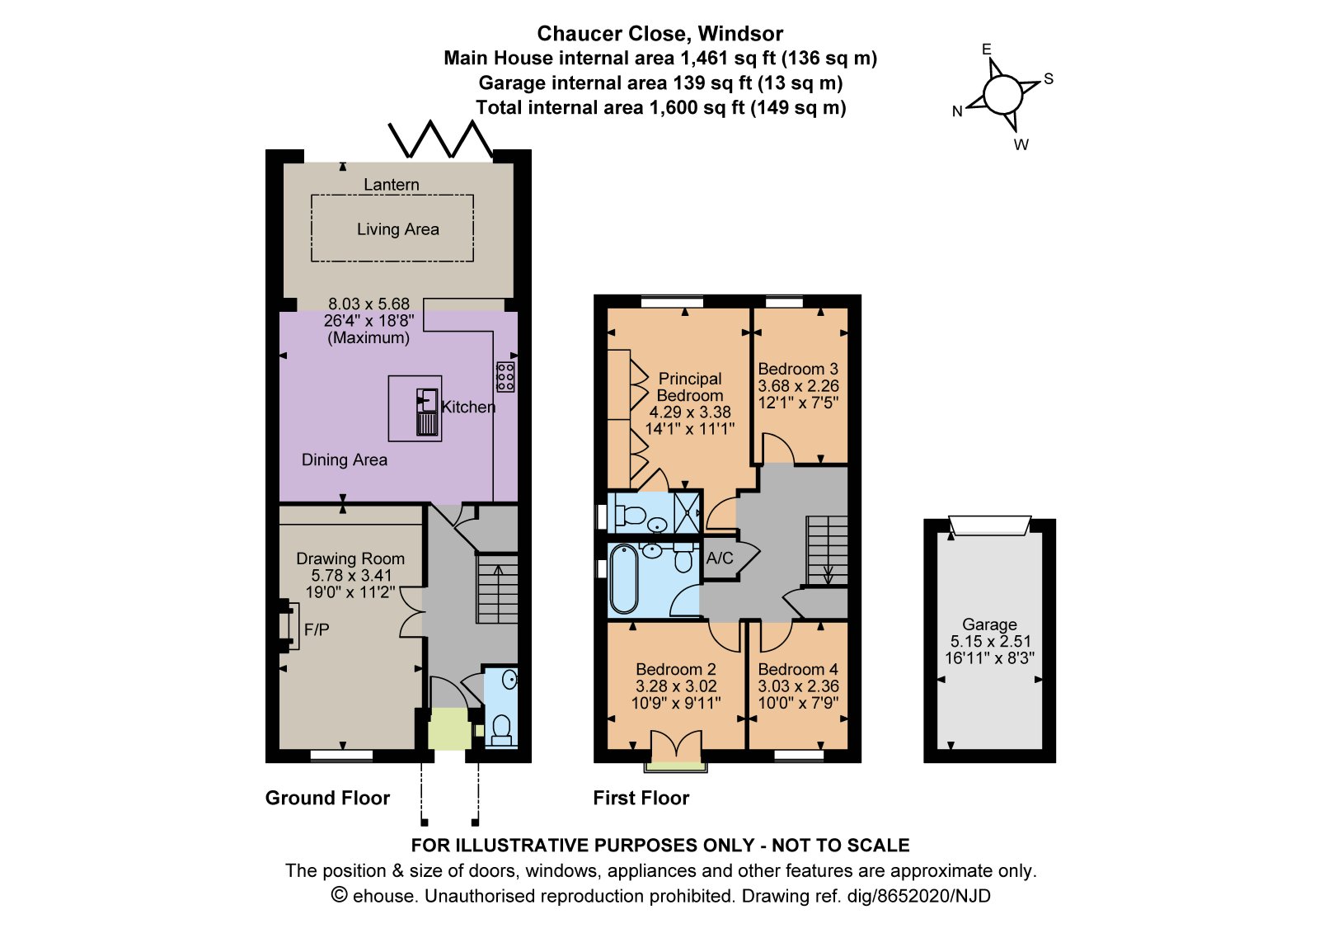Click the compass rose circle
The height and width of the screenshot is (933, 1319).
click(x=1002, y=94)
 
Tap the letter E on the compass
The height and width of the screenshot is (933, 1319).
click(x=987, y=49)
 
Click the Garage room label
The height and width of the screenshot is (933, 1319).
click(x=989, y=624)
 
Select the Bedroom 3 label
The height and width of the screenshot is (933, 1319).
click(x=798, y=369)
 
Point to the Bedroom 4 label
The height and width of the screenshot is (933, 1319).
click(x=798, y=670)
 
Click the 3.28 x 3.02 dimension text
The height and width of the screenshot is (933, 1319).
click(x=676, y=686)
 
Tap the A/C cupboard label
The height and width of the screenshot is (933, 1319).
click(x=720, y=558)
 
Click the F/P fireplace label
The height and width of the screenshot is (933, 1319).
click(x=317, y=630)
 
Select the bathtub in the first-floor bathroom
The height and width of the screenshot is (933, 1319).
click(x=623, y=579)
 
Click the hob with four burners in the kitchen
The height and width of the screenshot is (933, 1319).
click(x=505, y=377)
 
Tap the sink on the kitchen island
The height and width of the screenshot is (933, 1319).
click(x=427, y=412)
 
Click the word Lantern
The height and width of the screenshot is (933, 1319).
click(x=391, y=185)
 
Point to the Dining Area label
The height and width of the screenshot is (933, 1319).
click(x=345, y=459)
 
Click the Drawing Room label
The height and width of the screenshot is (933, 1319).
click(x=350, y=558)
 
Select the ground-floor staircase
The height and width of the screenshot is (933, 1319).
click(x=497, y=589)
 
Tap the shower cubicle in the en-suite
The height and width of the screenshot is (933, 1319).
click(x=687, y=511)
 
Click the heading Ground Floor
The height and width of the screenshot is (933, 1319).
click(x=327, y=798)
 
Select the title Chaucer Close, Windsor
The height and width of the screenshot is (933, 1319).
click(x=659, y=34)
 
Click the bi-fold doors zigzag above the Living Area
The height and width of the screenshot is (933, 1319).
click(x=440, y=139)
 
